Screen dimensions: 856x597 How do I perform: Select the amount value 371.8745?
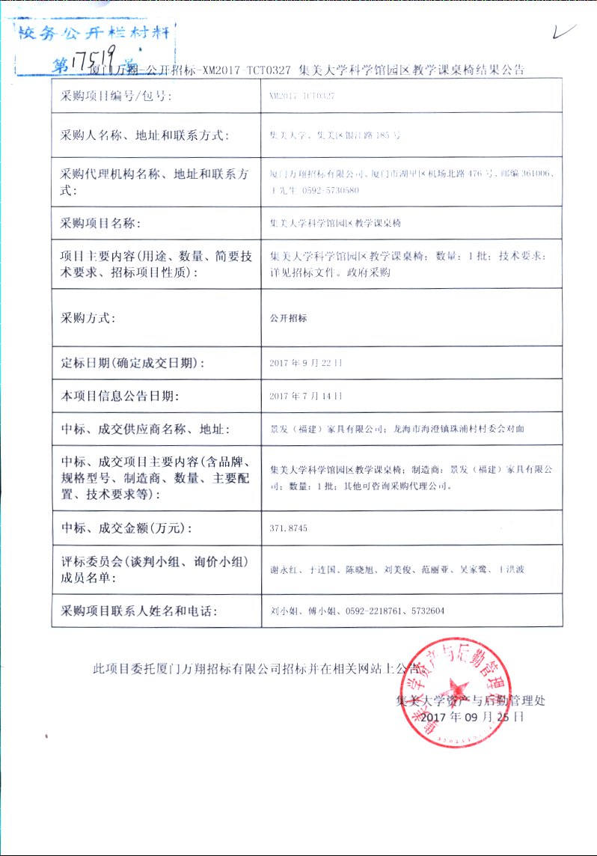288,529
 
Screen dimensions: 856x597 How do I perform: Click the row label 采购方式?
88,318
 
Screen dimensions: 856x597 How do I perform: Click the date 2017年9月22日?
305,363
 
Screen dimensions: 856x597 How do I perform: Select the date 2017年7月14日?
305,396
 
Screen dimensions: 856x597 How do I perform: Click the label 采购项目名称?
99,223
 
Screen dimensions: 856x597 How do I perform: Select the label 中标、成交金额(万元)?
126,529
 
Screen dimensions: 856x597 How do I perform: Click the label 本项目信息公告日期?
120,396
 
